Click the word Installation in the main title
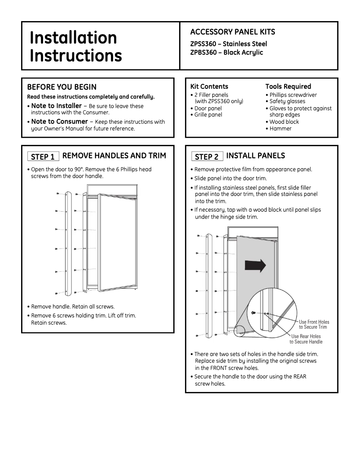click(x=73, y=38)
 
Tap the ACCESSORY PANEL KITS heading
click(x=233, y=32)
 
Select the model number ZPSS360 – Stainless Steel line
click(x=228, y=44)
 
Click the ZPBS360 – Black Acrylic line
click(x=227, y=52)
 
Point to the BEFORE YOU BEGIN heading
click(x=62, y=87)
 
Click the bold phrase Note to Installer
click(x=56, y=106)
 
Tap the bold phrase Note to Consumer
click(x=59, y=122)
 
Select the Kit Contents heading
click(x=209, y=86)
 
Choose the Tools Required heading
click(x=288, y=86)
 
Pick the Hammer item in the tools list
click(x=280, y=129)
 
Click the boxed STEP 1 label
click(x=43, y=156)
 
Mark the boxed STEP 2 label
click(x=206, y=156)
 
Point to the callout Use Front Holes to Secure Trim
click(x=314, y=325)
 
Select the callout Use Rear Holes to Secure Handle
click(x=307, y=339)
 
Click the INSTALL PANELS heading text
click(x=255, y=156)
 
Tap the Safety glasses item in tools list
click(x=287, y=102)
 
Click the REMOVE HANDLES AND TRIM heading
click(x=114, y=156)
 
